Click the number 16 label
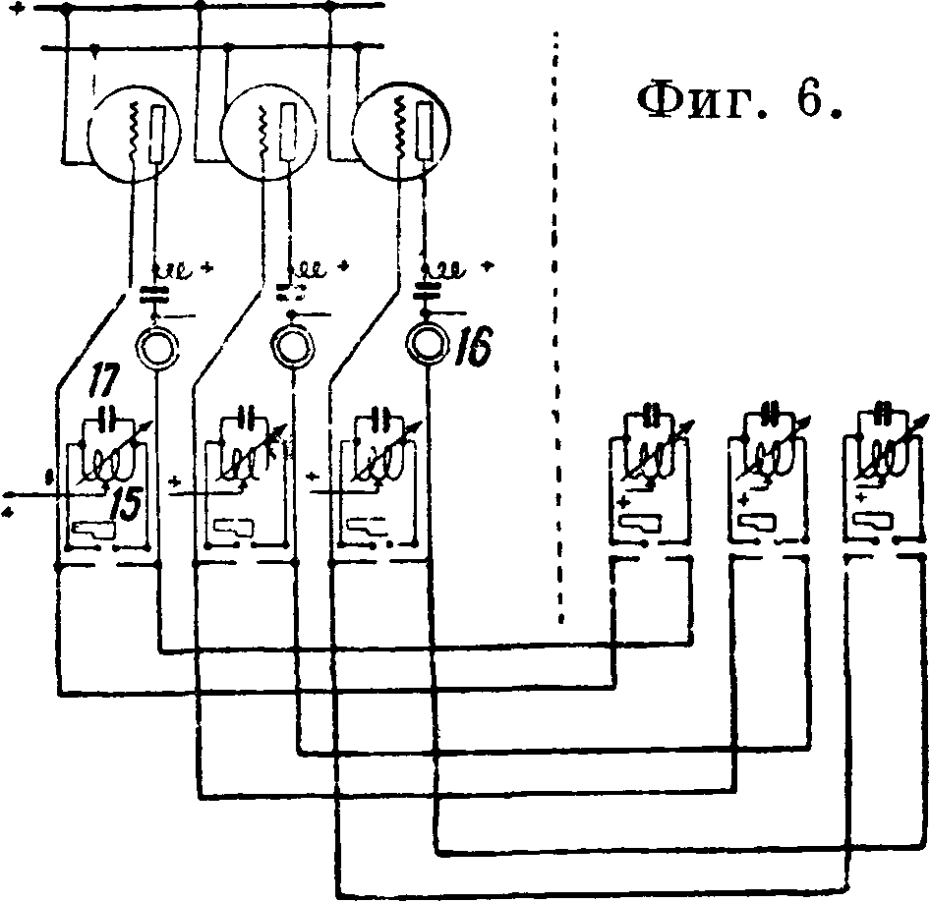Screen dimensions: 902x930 [477, 346]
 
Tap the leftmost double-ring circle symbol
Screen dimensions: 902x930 [154, 348]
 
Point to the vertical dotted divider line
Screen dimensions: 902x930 [557, 324]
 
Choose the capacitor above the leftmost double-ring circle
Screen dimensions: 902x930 [152, 292]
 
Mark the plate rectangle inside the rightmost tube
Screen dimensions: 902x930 [423, 128]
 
